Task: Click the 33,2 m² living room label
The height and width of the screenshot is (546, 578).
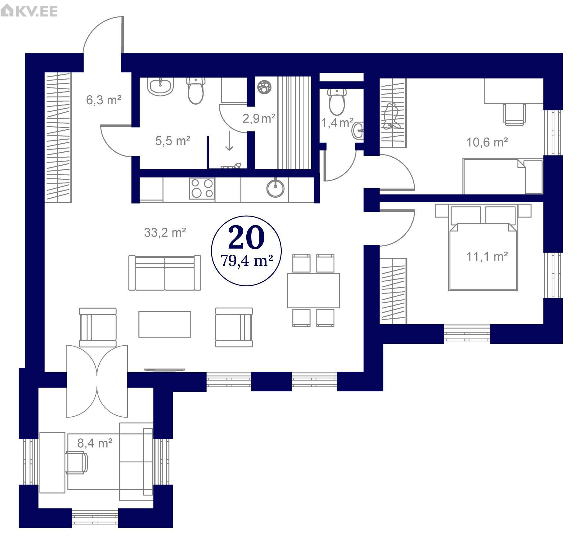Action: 165,232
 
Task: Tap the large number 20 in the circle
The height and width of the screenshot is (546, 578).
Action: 246,238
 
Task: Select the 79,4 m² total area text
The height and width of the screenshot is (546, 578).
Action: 247,261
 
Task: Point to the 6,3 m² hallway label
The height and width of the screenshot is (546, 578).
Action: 104,100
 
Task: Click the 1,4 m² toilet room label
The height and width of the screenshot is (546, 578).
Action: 337,123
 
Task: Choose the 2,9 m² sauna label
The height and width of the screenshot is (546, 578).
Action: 259,118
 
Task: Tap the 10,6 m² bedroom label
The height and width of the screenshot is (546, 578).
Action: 487,142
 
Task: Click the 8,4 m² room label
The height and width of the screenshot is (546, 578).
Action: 95,443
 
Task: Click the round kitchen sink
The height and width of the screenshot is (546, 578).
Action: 275,188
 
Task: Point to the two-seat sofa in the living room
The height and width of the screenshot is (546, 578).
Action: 165,273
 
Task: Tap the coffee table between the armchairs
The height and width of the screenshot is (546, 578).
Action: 165,324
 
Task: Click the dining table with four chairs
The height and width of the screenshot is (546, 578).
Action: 313,290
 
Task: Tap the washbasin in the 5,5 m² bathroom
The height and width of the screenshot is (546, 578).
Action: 160,86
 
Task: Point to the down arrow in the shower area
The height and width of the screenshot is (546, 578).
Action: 229,141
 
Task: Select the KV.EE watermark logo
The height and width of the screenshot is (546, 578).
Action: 29,11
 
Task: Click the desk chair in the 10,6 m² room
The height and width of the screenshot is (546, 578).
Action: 514,114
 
